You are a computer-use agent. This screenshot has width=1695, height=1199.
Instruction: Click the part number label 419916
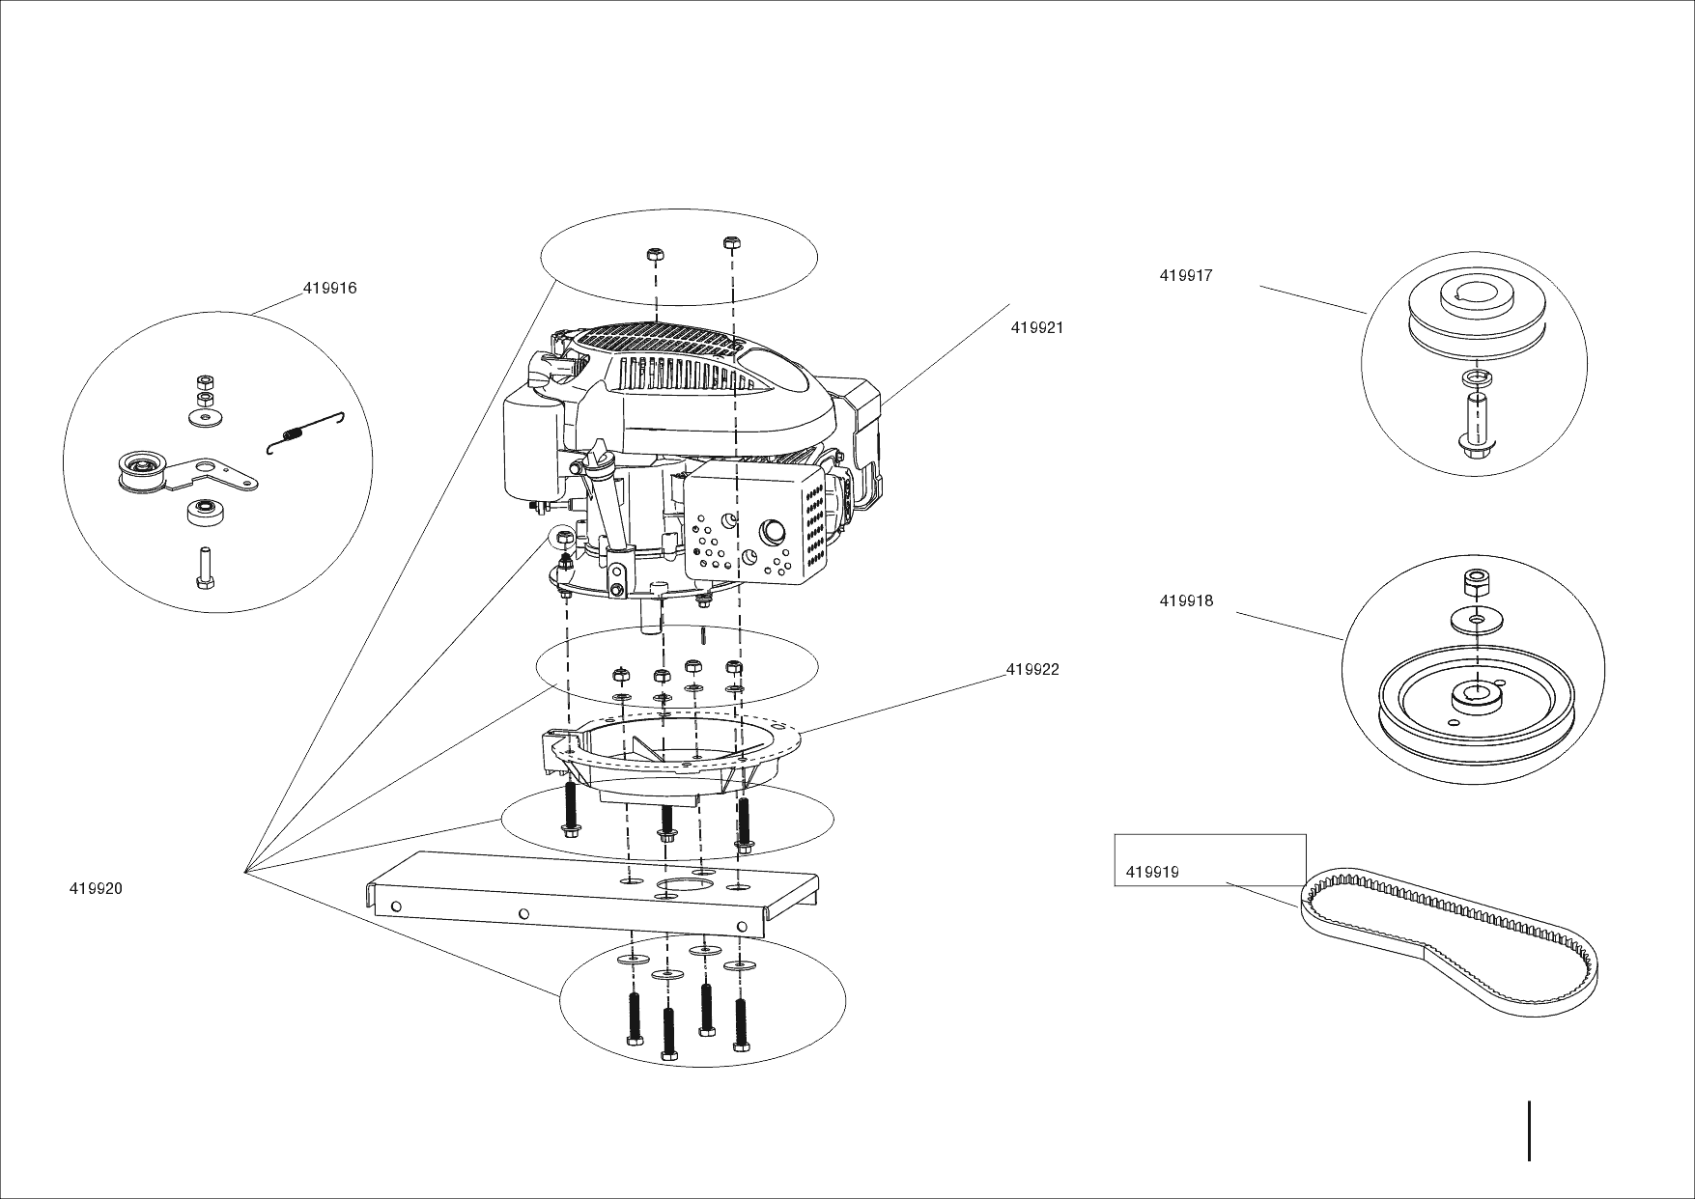pyautogui.click(x=329, y=289)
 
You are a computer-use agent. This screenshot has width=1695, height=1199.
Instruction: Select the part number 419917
pyautogui.click(x=1186, y=276)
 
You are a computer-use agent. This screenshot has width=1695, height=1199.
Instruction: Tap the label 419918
pyautogui.click(x=1186, y=601)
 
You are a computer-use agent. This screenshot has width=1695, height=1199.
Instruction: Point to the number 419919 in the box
pyautogui.click(x=1152, y=874)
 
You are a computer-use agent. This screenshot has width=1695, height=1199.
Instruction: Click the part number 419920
pyautogui.click(x=96, y=889)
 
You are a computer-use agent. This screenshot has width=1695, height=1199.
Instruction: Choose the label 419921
pyautogui.click(x=1037, y=328)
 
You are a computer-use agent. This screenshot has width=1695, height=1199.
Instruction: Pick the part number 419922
pyautogui.click(x=1032, y=670)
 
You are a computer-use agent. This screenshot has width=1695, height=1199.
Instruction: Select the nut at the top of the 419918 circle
pyautogui.click(x=1475, y=584)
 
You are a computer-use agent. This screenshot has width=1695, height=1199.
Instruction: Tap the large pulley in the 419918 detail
pyautogui.click(x=1475, y=704)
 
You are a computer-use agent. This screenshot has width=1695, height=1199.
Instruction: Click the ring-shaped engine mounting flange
pyautogui.click(x=676, y=753)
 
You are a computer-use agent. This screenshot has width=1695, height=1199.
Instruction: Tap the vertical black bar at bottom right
pyautogui.click(x=1530, y=1130)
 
